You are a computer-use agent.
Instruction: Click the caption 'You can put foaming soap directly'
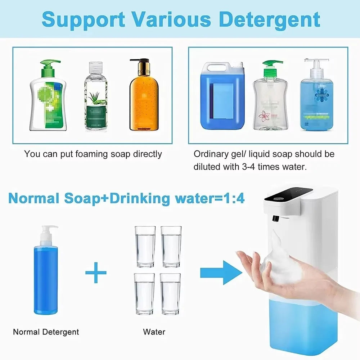[93, 154]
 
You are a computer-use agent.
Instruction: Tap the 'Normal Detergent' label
[46, 332]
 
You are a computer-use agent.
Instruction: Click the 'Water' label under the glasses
[154, 332]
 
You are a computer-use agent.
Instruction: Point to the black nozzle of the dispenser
[276, 218]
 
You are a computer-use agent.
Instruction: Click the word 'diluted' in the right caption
[206, 167]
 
